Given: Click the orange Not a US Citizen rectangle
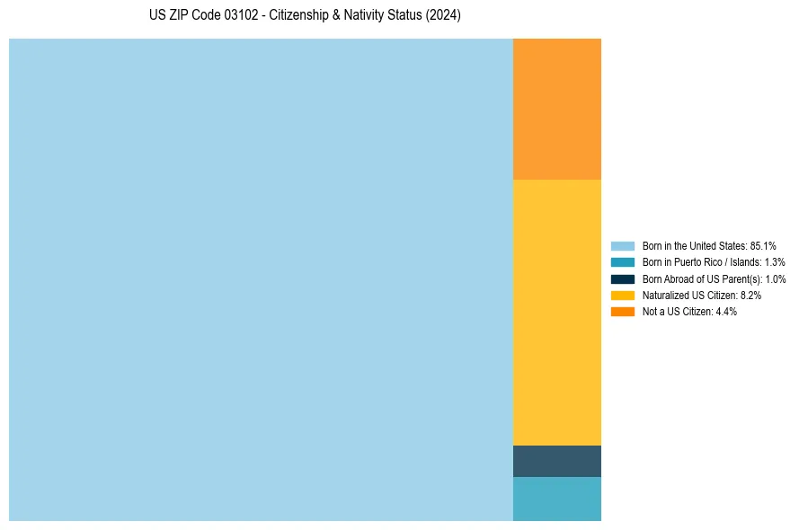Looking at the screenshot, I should point(556,109).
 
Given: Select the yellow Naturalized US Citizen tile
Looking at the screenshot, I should point(556,312).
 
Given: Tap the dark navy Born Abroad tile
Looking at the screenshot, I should point(556,461).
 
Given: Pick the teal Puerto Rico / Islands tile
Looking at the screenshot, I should point(556,499).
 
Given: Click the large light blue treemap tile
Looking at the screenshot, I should point(261,279).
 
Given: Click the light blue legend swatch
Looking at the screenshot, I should point(622,245).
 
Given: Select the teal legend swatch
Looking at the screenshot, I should point(622,262).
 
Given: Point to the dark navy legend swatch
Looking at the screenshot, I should point(622,278).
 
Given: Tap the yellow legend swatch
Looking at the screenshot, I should point(622,295).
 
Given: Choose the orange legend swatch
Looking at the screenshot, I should point(622,312).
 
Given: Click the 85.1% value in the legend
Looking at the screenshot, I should point(763,245).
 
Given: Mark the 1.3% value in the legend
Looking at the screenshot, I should point(775,262).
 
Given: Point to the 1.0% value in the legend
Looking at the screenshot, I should point(776,278).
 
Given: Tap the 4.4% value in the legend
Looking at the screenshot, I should point(726,312).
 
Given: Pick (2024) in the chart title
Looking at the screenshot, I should point(443,16).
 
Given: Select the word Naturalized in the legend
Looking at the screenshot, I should point(664,295).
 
